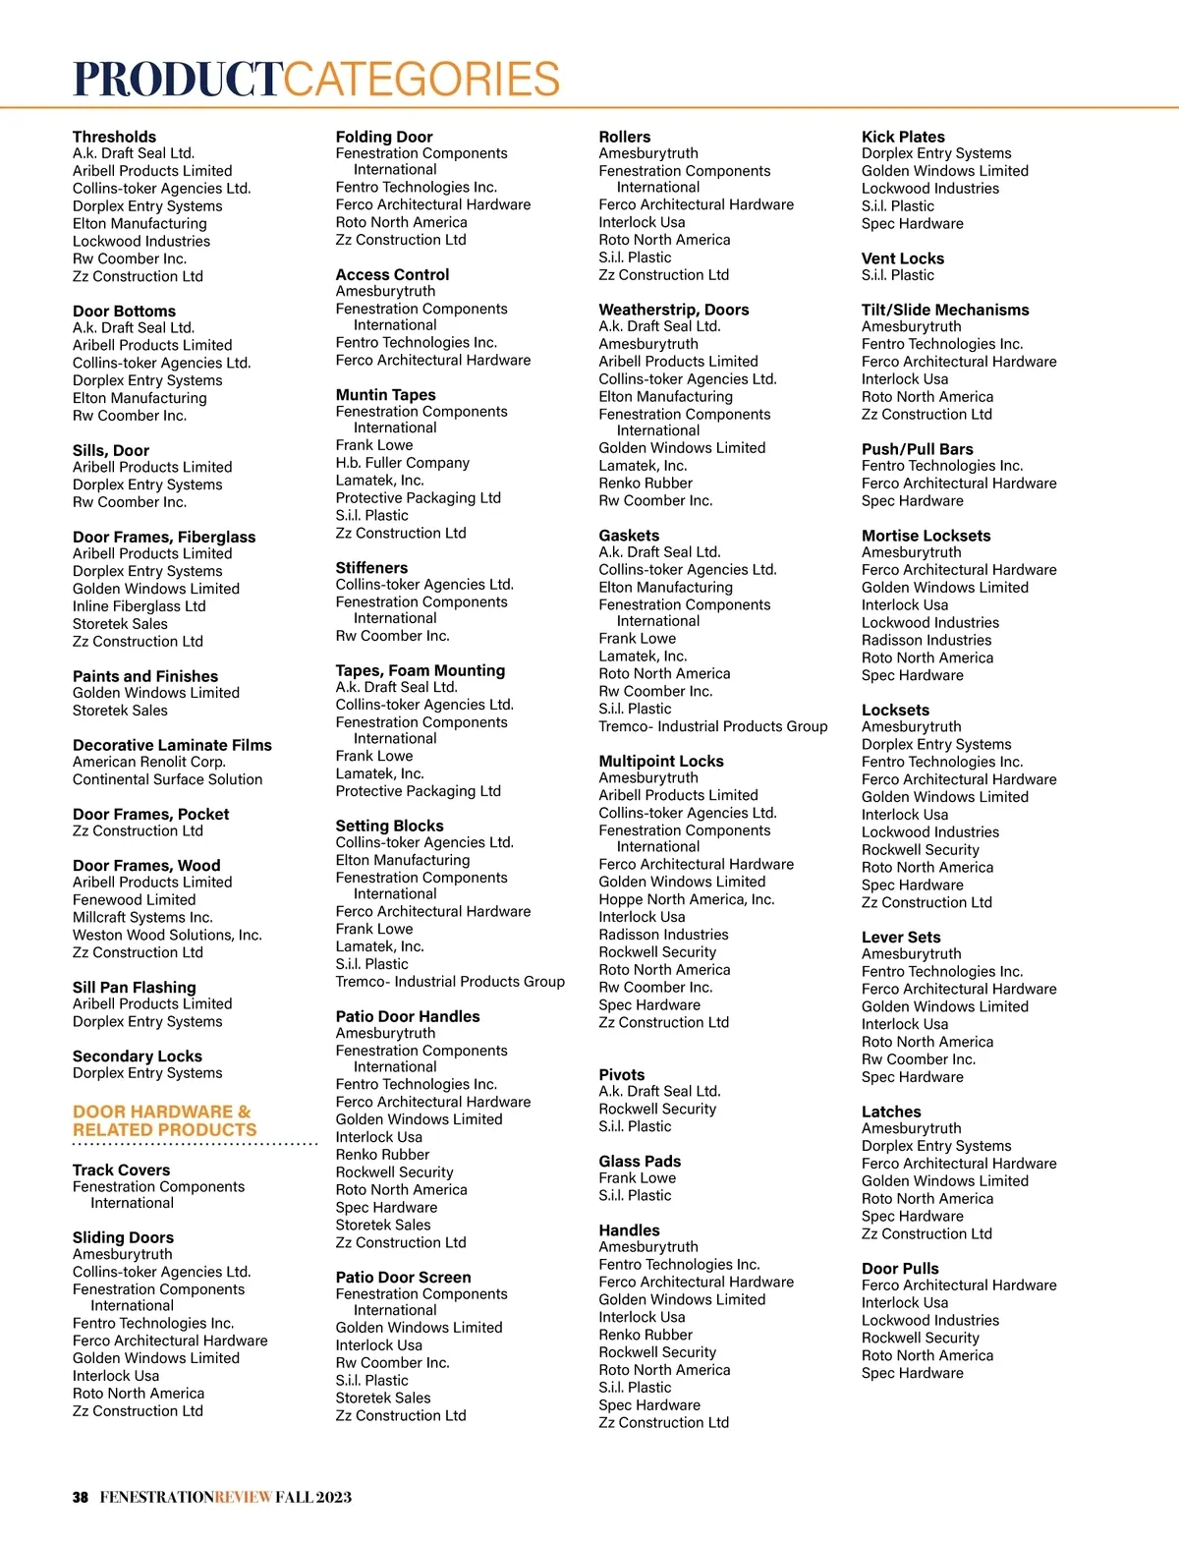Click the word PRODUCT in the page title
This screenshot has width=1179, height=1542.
[x=178, y=80]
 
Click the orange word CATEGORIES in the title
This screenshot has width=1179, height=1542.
[x=421, y=80]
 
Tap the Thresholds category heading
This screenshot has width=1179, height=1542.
[x=114, y=137]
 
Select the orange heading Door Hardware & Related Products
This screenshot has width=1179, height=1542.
[x=164, y=1120]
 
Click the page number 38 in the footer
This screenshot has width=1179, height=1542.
[x=81, y=1497]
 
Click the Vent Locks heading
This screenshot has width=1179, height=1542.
[x=902, y=258]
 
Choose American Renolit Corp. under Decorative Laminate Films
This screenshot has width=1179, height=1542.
[x=148, y=762]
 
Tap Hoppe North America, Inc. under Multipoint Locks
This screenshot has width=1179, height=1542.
[x=686, y=899]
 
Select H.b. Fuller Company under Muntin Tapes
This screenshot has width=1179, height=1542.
[x=402, y=463]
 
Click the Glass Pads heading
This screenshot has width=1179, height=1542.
[x=640, y=1161]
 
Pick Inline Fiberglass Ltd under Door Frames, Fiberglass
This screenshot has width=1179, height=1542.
[x=139, y=606]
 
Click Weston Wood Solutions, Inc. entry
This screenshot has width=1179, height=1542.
[x=167, y=935]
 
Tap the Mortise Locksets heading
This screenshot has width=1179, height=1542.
[x=926, y=536]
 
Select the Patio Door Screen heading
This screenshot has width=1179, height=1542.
[x=403, y=1277]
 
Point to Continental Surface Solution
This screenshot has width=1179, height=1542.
[x=167, y=779]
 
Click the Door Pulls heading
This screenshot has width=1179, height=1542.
[x=900, y=1268]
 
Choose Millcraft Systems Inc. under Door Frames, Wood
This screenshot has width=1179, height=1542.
[x=142, y=917]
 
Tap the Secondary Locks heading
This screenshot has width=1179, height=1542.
[x=137, y=1056]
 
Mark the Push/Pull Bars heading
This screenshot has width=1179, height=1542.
[x=917, y=449]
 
